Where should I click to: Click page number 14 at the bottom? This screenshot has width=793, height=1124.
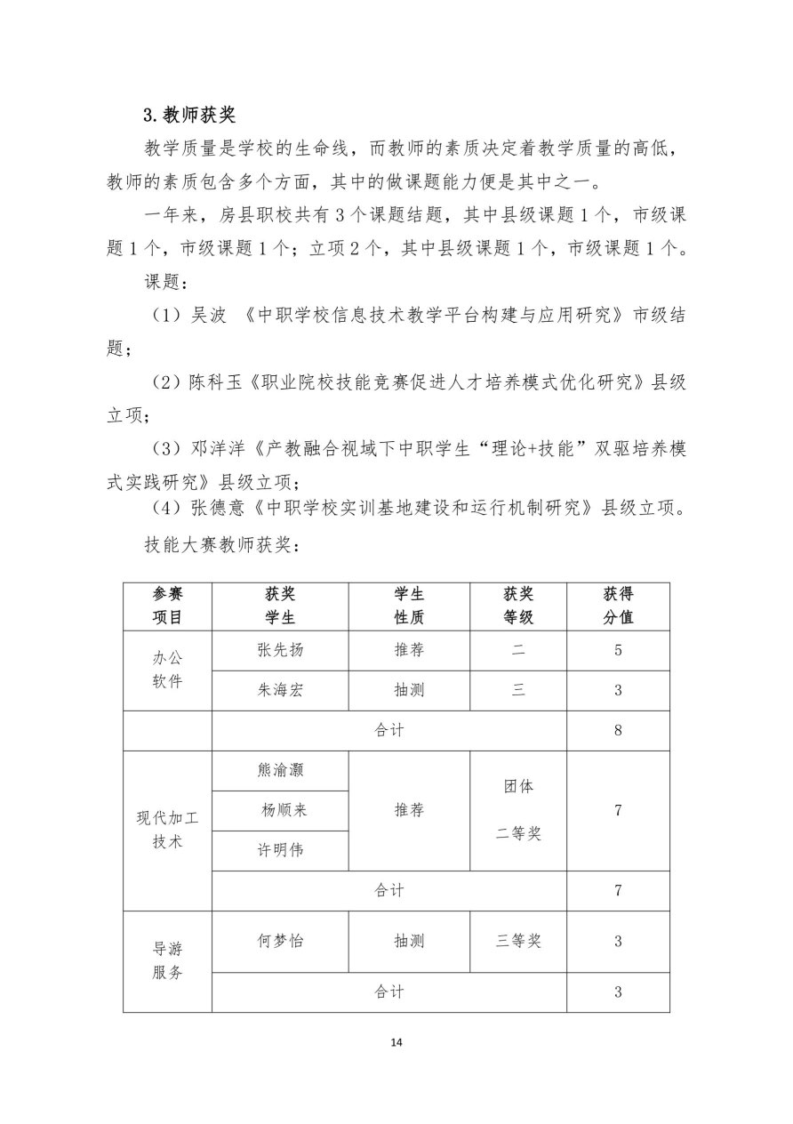[x=396, y=1042]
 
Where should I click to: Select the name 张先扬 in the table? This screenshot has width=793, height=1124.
[x=279, y=650]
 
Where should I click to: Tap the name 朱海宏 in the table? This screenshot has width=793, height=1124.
[x=279, y=690]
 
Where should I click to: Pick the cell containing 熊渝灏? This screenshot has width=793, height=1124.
[x=279, y=770]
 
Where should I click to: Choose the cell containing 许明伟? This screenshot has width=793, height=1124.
[x=279, y=850]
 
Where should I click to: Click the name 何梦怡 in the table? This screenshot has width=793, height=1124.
[x=279, y=941]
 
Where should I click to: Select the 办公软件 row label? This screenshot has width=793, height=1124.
[x=167, y=670]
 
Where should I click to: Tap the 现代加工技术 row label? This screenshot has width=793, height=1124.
[x=167, y=830]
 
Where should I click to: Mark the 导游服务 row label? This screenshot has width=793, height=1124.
[x=167, y=961]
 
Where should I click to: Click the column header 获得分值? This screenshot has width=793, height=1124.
[x=618, y=606]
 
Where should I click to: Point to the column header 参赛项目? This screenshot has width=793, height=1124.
[x=167, y=606]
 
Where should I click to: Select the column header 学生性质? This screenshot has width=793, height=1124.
[x=409, y=606]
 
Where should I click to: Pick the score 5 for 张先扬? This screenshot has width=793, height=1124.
[x=618, y=650]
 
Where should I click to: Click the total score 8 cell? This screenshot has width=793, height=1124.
[x=618, y=730]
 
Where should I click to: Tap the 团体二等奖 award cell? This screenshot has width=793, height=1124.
[x=518, y=810]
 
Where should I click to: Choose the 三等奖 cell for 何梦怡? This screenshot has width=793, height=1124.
[x=518, y=941]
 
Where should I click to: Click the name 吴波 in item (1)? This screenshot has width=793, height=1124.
[x=208, y=317]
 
